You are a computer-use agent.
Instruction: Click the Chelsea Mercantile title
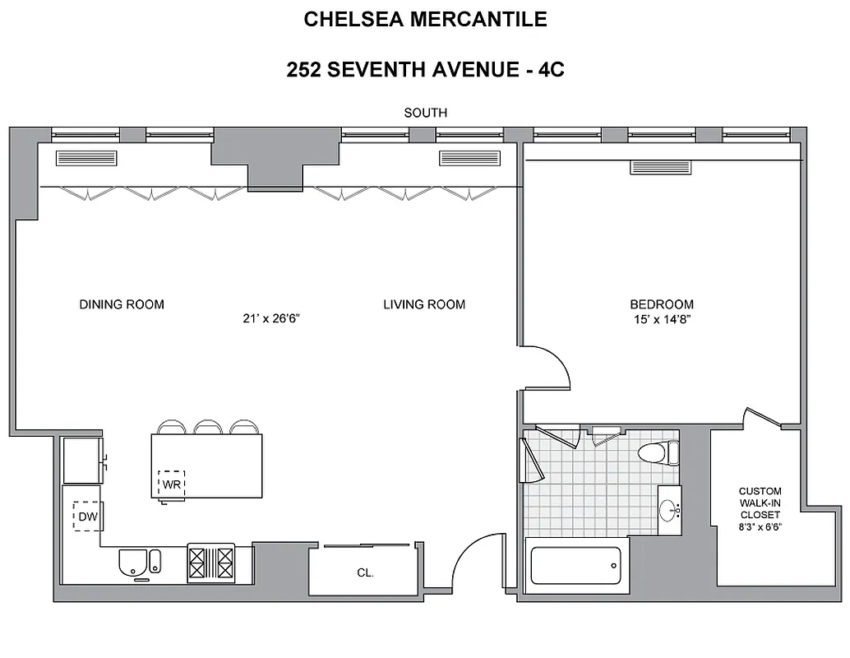pos(425,20)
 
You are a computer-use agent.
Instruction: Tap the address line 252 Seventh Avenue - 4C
pos(425,70)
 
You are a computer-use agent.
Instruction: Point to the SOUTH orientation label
pos(425,113)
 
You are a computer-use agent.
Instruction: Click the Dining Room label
pos(122,304)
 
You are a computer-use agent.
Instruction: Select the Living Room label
pos(424,304)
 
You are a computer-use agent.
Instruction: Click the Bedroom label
pos(662,304)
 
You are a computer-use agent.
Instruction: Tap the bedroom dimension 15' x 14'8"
pos(662,319)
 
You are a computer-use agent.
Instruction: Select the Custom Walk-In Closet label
pos(760,503)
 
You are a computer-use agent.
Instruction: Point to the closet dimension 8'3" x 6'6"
pos(760,527)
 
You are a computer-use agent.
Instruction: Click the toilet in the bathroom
pos(658,452)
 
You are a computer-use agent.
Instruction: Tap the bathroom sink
pos(669,511)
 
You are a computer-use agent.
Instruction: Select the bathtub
pos(575,566)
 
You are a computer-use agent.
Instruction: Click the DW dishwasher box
pos(86,517)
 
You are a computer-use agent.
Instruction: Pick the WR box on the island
pos(172,484)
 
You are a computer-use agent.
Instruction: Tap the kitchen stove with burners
pos(211,563)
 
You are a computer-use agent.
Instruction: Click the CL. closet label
pos(365,573)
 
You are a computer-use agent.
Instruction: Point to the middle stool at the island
pos(207,427)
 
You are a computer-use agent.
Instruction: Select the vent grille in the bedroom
pos(661,167)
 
